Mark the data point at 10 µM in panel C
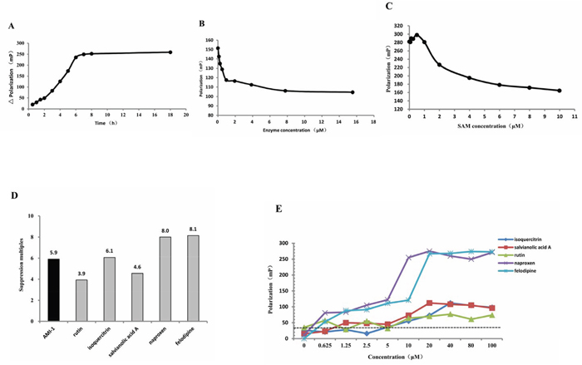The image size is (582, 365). pyautogui.click(x=559, y=91)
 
